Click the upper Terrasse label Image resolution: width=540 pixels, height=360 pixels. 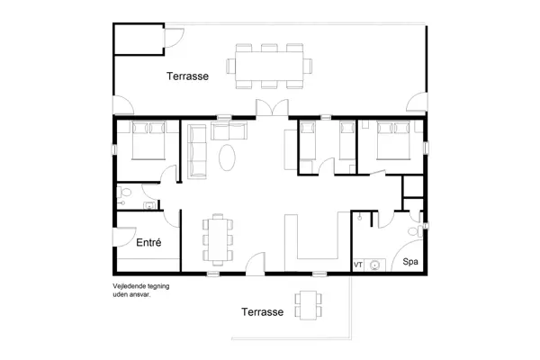pos(187,77)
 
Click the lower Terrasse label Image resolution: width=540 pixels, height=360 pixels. pos(263,312)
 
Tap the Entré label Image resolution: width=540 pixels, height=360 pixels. pos(148,243)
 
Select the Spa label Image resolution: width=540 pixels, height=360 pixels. pos(409,262)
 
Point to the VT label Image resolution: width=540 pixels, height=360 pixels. pos(358,265)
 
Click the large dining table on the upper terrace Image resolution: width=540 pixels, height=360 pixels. pos(269,66)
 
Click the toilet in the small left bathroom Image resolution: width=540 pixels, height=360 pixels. pos(126,192)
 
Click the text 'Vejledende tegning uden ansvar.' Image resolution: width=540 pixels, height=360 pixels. pos(141,290)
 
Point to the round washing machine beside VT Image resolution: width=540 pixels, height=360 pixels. pos(376,265)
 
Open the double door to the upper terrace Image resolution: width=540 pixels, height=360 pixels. pos(269,108)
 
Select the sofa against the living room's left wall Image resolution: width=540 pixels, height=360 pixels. pos(197,151)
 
